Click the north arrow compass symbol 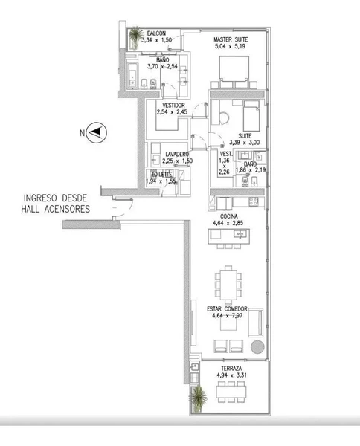(96, 132)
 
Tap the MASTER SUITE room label (231, 39)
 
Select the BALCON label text (156, 33)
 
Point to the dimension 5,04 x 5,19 (231, 46)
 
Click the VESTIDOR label (173, 106)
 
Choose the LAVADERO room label (177, 154)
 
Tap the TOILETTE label (161, 175)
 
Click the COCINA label (229, 216)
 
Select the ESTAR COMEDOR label (227, 309)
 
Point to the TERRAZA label (231, 369)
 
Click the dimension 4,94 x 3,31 (231, 375)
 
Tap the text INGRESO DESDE (55, 198)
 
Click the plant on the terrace (198, 398)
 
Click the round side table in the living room (257, 347)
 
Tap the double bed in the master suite (234, 71)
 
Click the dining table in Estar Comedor (228, 285)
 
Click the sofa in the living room (256, 323)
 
